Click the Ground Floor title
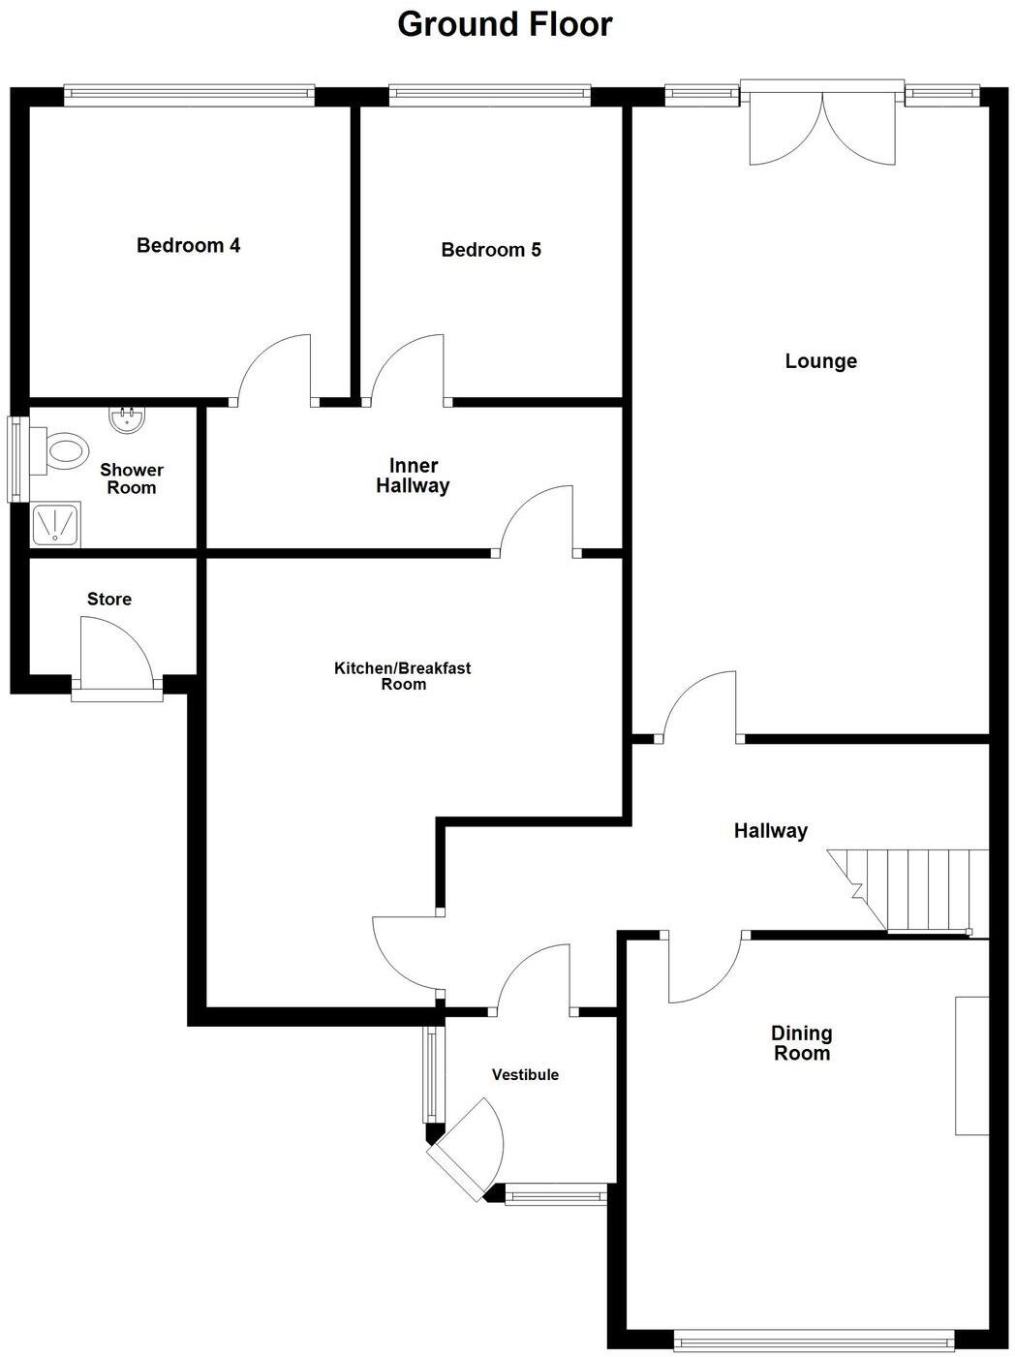505,24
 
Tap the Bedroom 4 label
188,245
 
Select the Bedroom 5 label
490,250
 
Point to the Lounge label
820,361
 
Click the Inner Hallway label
414,476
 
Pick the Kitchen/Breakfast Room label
403,676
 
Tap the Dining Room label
801,1043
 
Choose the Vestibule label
525,1074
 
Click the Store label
108,599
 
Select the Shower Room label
132,478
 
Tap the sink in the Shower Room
125,419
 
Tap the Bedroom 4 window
189,94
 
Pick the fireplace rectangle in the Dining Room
971,1064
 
